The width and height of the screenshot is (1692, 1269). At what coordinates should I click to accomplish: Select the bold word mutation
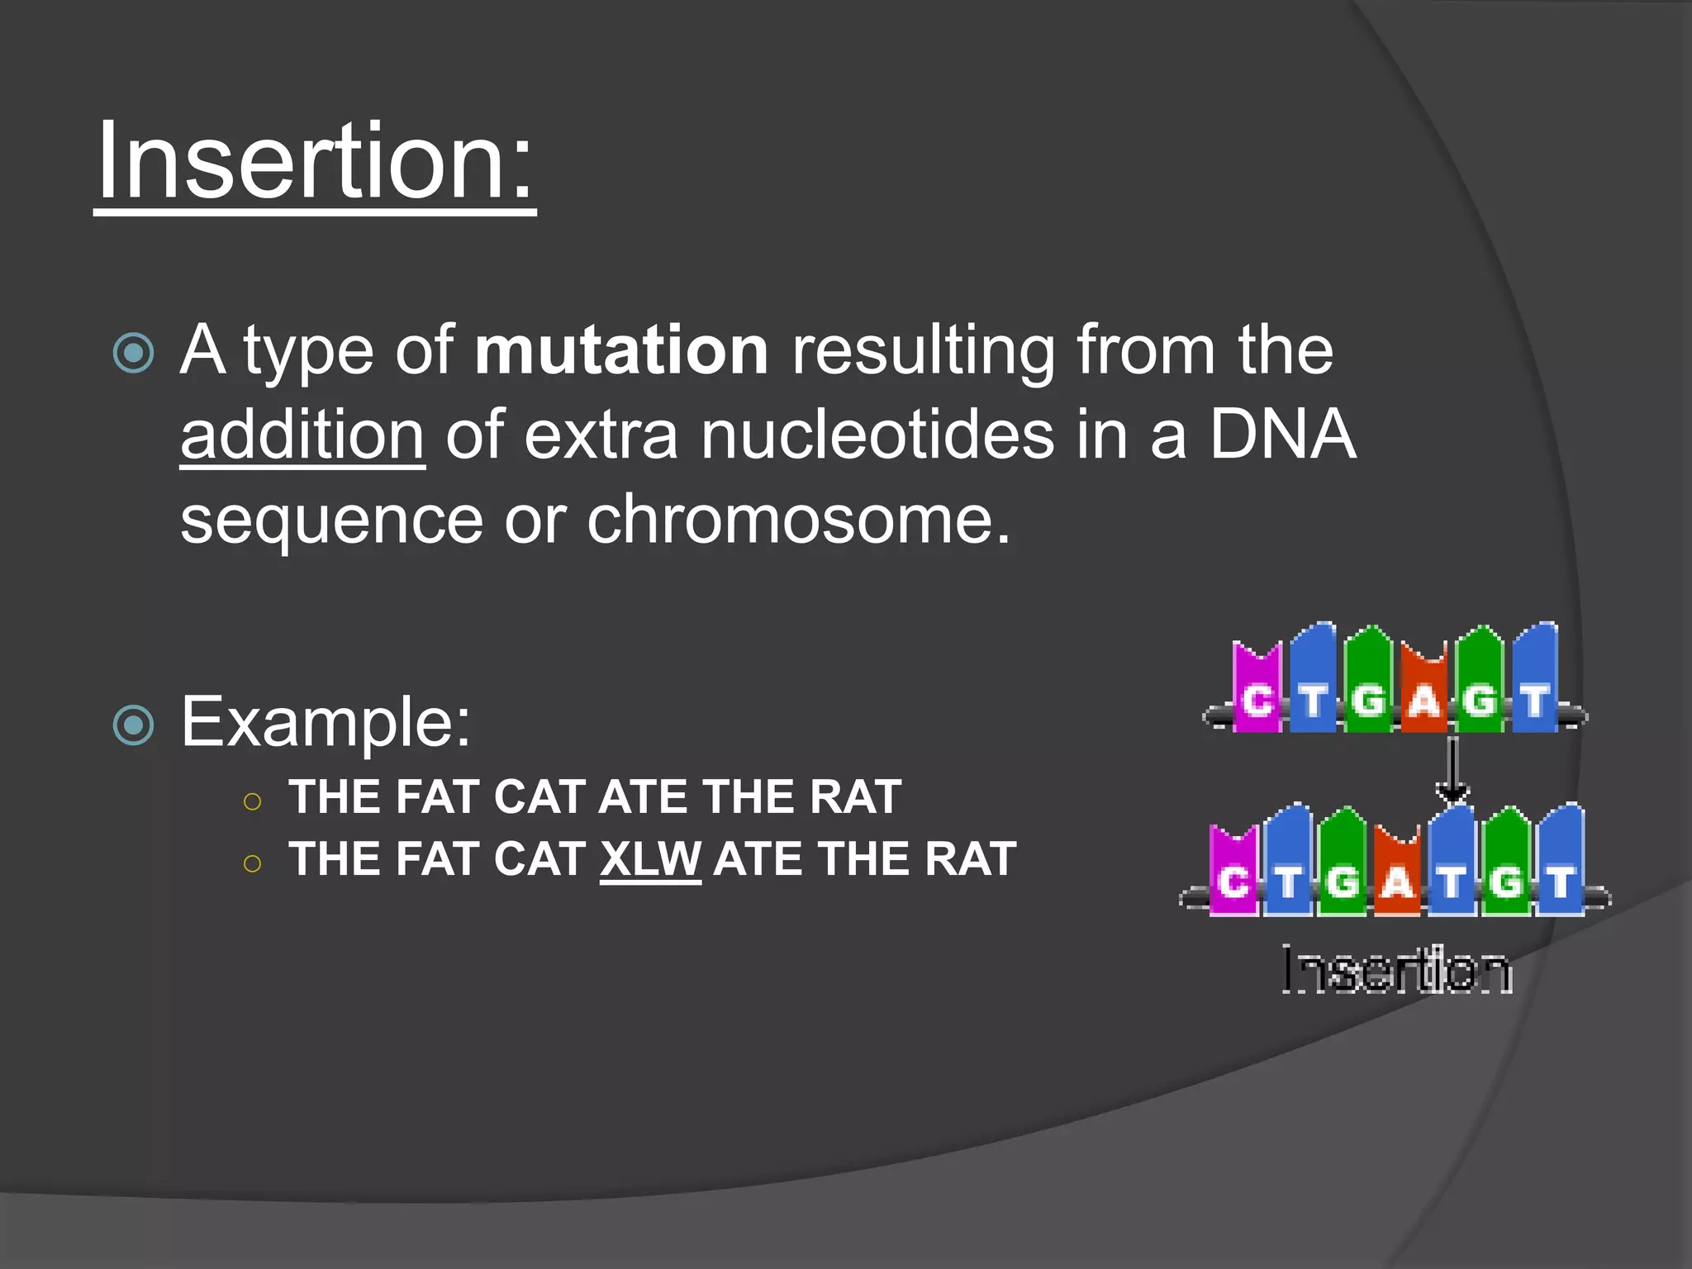(x=621, y=350)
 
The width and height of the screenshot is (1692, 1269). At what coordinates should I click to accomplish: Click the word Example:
(x=326, y=722)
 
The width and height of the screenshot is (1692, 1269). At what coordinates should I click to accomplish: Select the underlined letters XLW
(x=650, y=859)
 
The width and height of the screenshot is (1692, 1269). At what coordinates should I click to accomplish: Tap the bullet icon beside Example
(x=134, y=725)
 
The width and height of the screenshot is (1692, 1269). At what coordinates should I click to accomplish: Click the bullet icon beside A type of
(x=134, y=354)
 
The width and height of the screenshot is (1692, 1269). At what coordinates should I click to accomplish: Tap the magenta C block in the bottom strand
(x=1233, y=874)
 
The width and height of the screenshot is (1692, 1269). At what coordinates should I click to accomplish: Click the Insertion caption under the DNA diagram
(x=1396, y=970)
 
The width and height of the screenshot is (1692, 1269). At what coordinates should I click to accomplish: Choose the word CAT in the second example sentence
(x=539, y=859)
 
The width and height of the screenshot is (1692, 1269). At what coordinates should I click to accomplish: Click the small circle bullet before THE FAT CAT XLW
(x=253, y=864)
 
